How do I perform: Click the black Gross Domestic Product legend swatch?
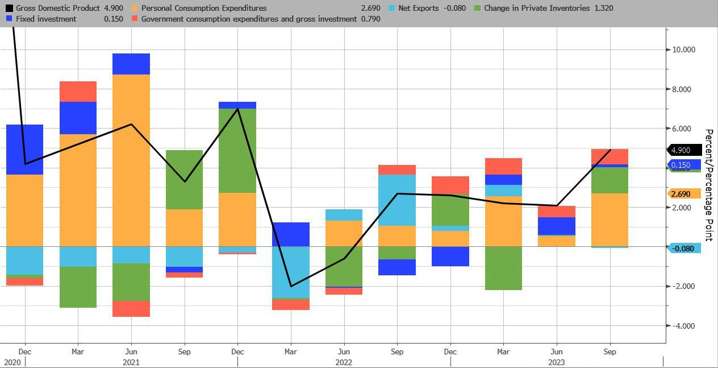[x=9, y=9]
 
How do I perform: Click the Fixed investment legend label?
[x=43, y=19]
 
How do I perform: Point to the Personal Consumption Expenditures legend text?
[x=203, y=9]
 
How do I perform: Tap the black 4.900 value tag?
[x=681, y=151]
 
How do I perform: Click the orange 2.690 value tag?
[x=681, y=194]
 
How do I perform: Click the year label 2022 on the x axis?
[x=344, y=362]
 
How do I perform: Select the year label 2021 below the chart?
[x=131, y=362]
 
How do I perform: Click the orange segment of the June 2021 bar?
[x=131, y=159]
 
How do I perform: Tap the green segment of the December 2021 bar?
[x=237, y=151]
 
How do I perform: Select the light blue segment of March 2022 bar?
[x=291, y=272]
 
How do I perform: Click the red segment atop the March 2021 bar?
[x=78, y=92]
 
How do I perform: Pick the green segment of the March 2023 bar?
[x=503, y=268]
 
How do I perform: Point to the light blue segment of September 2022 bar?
[x=397, y=200]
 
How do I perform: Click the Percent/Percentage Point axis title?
[x=708, y=185]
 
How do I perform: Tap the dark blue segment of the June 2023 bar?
[x=557, y=226]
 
